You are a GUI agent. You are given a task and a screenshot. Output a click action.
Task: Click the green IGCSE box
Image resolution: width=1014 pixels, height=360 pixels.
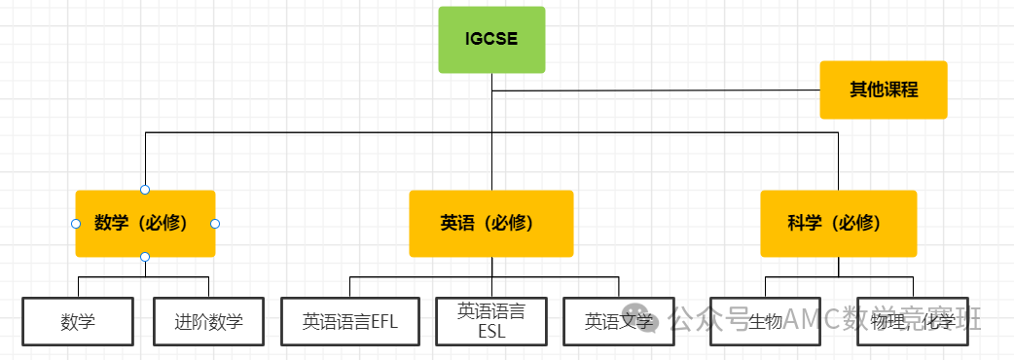[x=491, y=40]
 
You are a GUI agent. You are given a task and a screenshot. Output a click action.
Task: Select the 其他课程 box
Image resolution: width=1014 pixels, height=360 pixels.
[x=883, y=90]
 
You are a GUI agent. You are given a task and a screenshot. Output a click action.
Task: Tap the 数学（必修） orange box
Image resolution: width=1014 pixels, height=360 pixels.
[x=145, y=223]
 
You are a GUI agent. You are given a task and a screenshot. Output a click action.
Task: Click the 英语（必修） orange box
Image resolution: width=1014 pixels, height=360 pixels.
[x=490, y=223]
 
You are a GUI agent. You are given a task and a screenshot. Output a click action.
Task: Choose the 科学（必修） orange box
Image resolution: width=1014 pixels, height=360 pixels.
[x=838, y=223]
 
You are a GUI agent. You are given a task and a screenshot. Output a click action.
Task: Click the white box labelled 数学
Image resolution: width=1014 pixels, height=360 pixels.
[x=78, y=321]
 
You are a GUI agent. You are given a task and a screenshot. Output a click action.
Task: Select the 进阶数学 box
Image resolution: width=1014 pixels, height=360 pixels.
[x=209, y=321]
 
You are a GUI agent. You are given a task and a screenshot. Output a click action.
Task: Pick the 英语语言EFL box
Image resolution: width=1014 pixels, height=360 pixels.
[x=350, y=321]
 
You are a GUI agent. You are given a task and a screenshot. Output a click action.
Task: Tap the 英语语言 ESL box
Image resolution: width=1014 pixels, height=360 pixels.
[x=491, y=320]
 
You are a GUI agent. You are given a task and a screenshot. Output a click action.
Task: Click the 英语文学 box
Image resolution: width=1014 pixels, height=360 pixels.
[x=619, y=321]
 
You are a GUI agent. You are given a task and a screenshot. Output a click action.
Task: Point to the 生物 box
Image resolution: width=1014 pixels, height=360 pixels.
[x=766, y=321]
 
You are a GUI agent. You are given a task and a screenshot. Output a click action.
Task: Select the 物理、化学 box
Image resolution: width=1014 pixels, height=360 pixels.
[x=913, y=321]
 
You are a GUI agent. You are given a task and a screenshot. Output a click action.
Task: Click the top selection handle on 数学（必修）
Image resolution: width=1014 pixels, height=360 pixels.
[x=145, y=189]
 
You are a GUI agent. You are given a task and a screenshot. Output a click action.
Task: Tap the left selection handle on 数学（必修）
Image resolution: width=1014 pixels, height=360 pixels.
[x=76, y=224]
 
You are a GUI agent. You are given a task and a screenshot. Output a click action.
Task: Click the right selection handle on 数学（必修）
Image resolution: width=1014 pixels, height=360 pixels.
[x=215, y=224]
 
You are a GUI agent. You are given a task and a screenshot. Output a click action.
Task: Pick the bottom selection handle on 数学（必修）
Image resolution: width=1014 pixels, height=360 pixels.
[x=145, y=257]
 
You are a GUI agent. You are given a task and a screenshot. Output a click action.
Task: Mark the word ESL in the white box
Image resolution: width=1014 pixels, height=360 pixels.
[x=491, y=330]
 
